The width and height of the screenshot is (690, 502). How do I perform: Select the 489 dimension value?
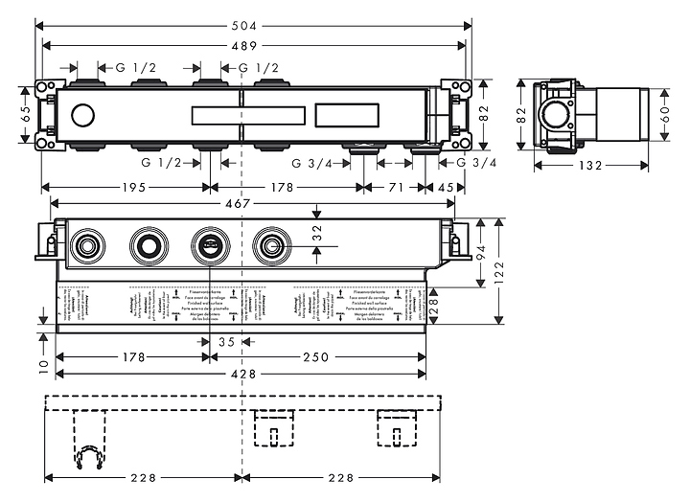(253, 45)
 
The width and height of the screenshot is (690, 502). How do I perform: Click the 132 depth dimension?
(591, 165)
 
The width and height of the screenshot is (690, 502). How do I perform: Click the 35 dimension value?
(226, 341)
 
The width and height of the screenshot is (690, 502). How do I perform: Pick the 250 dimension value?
(316, 357)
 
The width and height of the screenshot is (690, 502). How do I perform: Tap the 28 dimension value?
(433, 307)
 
